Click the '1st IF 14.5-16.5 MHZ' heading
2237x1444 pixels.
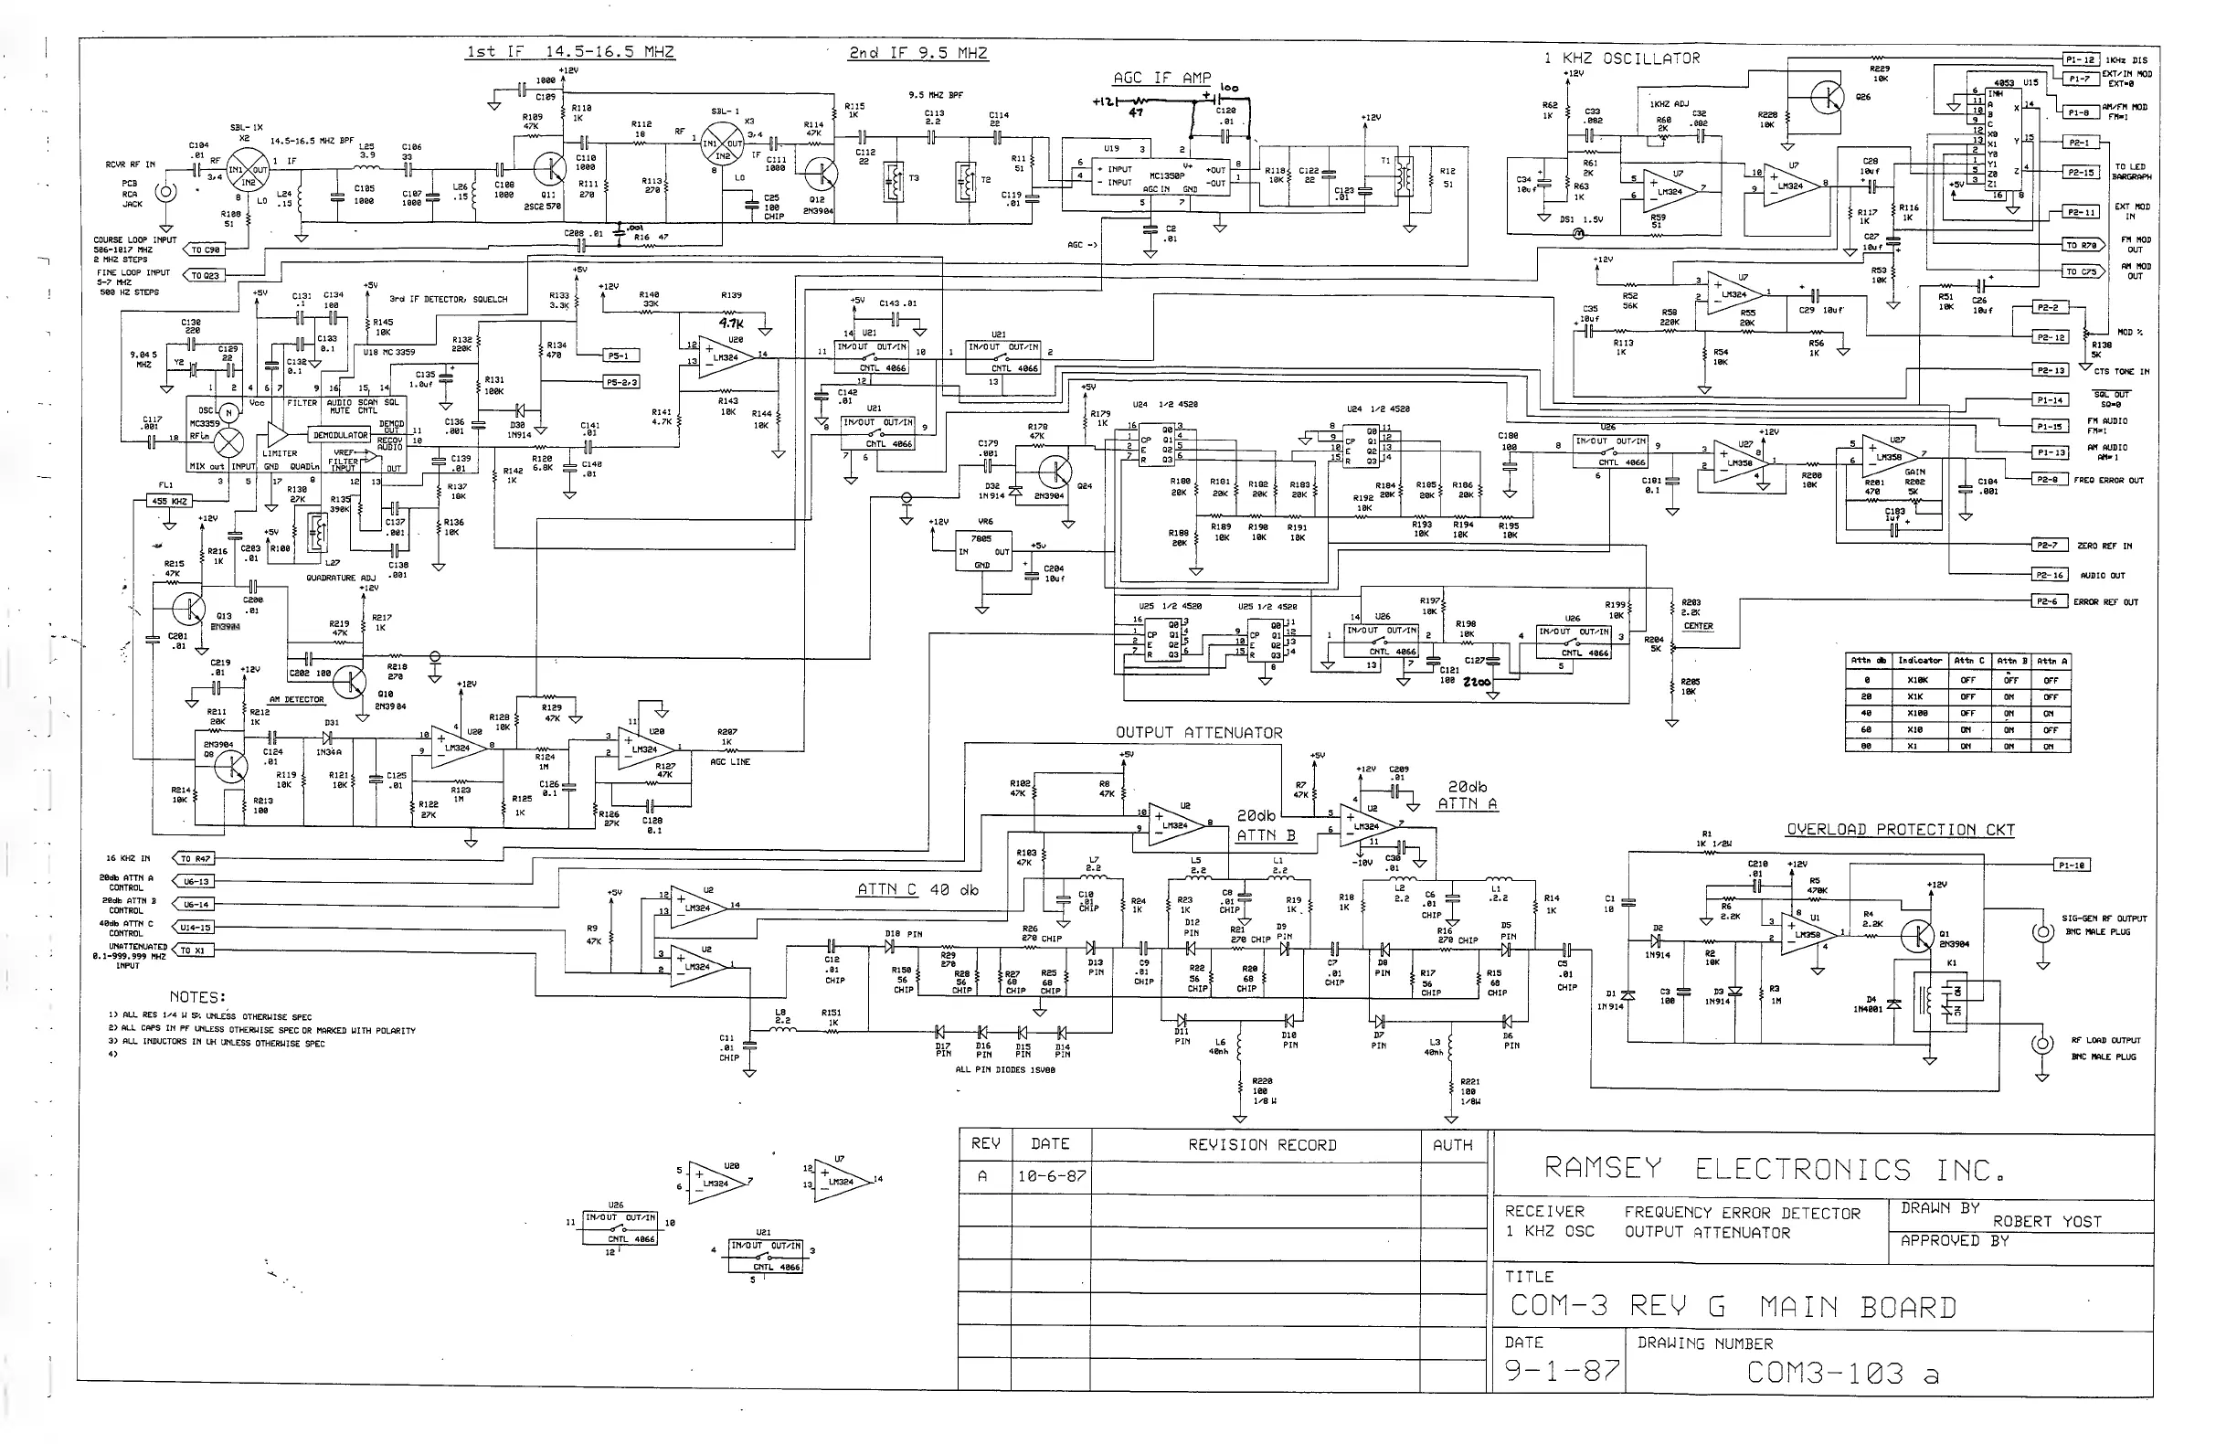coord(570,51)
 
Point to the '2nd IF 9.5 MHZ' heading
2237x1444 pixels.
coord(917,52)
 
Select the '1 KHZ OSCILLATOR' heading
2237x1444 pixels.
coord(1622,58)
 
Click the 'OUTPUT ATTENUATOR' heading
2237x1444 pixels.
coord(1198,732)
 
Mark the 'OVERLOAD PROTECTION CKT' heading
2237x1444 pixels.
coord(1900,830)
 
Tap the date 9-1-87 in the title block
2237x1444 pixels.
coord(1561,1370)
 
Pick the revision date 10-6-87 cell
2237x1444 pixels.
coord(1051,1176)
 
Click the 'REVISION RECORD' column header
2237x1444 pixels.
coord(1262,1145)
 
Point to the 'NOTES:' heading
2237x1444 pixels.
coord(197,997)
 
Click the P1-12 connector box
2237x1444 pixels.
coord(2080,60)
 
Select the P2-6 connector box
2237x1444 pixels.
coord(2045,602)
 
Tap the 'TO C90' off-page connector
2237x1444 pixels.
coord(206,250)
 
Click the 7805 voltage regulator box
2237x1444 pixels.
coord(981,551)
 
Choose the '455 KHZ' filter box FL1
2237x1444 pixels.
coord(171,502)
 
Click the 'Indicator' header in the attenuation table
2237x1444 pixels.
coord(1918,661)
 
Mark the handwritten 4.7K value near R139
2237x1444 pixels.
coord(730,324)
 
